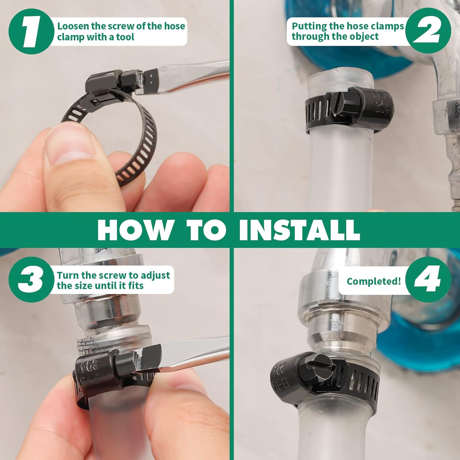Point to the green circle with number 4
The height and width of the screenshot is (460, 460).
coord(428,279)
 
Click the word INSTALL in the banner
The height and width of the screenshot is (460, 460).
coord(299,230)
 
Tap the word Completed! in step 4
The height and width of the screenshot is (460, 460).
coord(374,281)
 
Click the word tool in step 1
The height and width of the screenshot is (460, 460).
coord(125,37)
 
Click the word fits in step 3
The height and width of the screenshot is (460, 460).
coord(136,286)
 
